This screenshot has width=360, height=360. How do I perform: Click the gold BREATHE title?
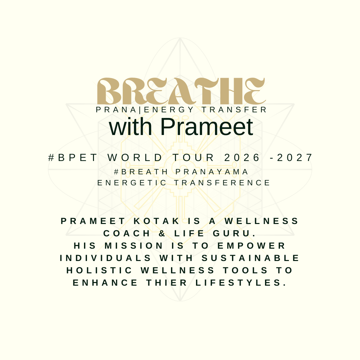[x=181, y=91]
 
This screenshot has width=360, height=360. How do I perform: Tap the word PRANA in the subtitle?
[x=116, y=110]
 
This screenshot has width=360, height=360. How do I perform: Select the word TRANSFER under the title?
[x=234, y=110]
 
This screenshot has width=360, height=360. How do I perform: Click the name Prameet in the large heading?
[x=207, y=127]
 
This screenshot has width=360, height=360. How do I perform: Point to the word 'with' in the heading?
[x=130, y=127]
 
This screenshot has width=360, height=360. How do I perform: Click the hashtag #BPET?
[x=73, y=158]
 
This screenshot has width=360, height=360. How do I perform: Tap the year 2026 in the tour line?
[x=242, y=158]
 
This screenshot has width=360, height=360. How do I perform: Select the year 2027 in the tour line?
[x=295, y=158]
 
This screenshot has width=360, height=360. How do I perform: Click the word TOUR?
[x=193, y=158]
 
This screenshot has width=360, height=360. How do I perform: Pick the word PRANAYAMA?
[x=212, y=172]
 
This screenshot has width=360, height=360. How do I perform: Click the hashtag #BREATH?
[x=141, y=172]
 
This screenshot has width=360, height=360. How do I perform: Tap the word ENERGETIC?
[x=132, y=183]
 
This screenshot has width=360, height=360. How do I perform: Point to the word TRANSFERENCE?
[x=222, y=183]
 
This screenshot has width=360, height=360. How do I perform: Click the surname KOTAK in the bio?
[x=157, y=221]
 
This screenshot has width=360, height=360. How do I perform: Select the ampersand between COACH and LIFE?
[x=162, y=233]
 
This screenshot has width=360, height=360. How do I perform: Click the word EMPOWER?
[x=251, y=246]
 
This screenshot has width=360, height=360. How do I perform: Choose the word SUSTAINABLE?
[x=250, y=258]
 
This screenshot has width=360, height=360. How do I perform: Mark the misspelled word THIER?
[x=167, y=283]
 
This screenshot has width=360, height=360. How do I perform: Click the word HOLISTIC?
[x=99, y=270]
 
